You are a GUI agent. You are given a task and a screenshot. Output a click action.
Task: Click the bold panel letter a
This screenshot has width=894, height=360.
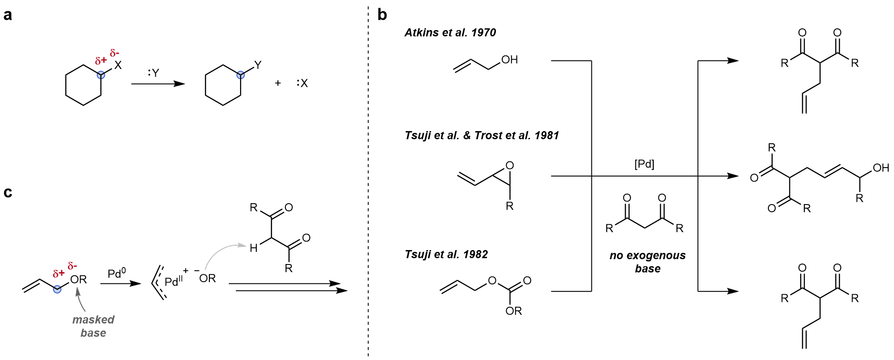tap(8, 15)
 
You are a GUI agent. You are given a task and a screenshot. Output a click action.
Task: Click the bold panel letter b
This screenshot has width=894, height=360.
tap(382, 15)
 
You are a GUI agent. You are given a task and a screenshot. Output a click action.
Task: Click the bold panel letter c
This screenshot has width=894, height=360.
tap(8, 192)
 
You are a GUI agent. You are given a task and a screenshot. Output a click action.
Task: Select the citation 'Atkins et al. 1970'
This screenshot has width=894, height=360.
tap(450, 32)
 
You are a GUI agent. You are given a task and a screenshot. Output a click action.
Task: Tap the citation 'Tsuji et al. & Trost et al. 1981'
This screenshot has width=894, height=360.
tap(481, 136)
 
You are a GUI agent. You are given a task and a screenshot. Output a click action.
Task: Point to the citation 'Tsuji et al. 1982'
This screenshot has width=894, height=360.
tap(446, 255)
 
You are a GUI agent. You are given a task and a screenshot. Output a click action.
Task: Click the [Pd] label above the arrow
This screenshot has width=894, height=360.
tap(644, 164)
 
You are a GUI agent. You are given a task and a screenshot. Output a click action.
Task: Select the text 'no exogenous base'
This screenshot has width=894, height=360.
tap(648, 262)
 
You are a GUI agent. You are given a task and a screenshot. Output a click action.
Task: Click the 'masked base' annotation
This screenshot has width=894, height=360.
tap(93, 326)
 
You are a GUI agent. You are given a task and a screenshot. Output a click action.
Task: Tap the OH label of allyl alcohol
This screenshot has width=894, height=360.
tap(509, 60)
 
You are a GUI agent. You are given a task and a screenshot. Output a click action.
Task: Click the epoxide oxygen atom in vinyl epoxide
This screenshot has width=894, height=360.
tap(509, 165)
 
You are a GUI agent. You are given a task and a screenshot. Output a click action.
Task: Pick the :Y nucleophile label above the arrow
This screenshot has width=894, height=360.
tap(154, 73)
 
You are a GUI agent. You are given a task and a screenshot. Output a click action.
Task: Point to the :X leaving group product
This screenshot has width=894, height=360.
tap(302, 83)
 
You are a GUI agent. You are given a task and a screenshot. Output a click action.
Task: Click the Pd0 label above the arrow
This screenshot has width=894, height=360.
tap(117, 273)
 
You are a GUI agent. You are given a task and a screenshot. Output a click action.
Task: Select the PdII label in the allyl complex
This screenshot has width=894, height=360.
tap(173, 282)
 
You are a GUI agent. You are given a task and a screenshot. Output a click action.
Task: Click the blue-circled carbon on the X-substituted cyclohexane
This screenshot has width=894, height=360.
tap(101, 75)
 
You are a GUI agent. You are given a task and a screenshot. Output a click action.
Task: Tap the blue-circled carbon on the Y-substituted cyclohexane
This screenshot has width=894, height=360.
tap(241, 75)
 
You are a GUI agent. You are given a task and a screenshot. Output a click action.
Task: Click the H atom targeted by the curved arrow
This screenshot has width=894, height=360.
tap(254, 248)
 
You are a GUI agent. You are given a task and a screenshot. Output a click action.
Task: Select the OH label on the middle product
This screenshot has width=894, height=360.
tap(880, 168)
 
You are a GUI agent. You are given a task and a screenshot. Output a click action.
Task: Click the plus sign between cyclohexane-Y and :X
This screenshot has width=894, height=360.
tap(278, 83)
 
